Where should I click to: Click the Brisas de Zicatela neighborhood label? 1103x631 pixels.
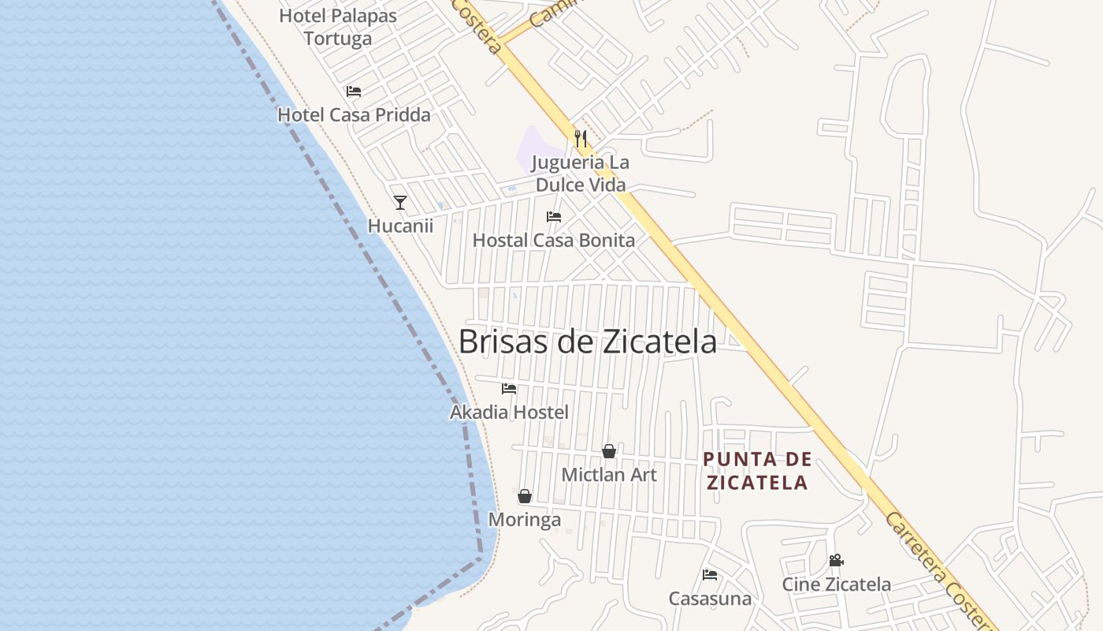588,342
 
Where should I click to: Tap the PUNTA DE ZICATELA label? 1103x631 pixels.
757,471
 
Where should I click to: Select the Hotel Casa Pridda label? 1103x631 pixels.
354,115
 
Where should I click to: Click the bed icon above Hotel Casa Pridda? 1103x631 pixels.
354,91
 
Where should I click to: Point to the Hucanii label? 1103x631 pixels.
400,226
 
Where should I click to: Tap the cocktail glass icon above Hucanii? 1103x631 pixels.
400,203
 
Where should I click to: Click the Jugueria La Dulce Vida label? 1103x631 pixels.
581,174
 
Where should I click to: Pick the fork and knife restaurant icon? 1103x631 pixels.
581,140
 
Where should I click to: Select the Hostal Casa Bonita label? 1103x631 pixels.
554,241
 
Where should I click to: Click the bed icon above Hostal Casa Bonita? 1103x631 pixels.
554,217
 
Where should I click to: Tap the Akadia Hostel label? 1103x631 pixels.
509,413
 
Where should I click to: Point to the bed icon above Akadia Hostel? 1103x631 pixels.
509,389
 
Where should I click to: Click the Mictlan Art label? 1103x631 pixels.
609,475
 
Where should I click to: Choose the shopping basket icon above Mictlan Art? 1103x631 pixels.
609,451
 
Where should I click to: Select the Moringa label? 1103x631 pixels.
525,520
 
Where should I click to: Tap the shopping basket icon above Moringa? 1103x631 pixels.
525,496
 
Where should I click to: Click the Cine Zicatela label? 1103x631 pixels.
836,584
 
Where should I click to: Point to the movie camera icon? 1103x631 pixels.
836,561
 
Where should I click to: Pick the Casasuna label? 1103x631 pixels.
710,599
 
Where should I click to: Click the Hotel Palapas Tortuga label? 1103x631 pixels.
338,27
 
